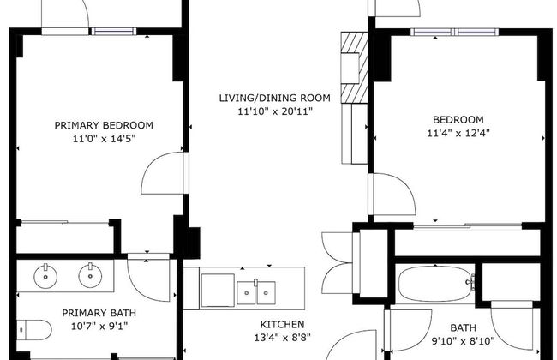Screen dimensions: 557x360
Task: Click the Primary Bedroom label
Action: click(x=104, y=125)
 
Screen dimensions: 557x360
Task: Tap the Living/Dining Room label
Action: click(x=274, y=98)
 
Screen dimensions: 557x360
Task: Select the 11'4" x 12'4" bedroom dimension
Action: click(x=458, y=133)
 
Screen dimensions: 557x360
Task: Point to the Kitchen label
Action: click(x=283, y=324)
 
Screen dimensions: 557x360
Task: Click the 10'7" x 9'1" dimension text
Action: click(x=99, y=326)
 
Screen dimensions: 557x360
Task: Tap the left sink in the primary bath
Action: click(x=45, y=276)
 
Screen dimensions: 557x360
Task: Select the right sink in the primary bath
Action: click(x=90, y=275)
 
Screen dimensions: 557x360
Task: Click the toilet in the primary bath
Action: click(x=34, y=330)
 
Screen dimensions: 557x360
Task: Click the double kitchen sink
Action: click(x=256, y=292)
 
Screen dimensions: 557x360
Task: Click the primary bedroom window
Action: click(x=114, y=31)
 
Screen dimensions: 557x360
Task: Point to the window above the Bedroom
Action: click(x=455, y=32)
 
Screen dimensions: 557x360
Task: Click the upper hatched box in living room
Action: click(x=354, y=43)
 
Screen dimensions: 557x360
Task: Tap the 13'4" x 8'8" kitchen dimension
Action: click(x=283, y=337)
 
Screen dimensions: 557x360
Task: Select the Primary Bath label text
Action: click(x=99, y=313)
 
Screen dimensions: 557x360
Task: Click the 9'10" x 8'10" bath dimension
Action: click(x=463, y=341)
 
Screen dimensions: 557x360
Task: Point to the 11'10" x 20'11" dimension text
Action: click(x=274, y=111)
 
